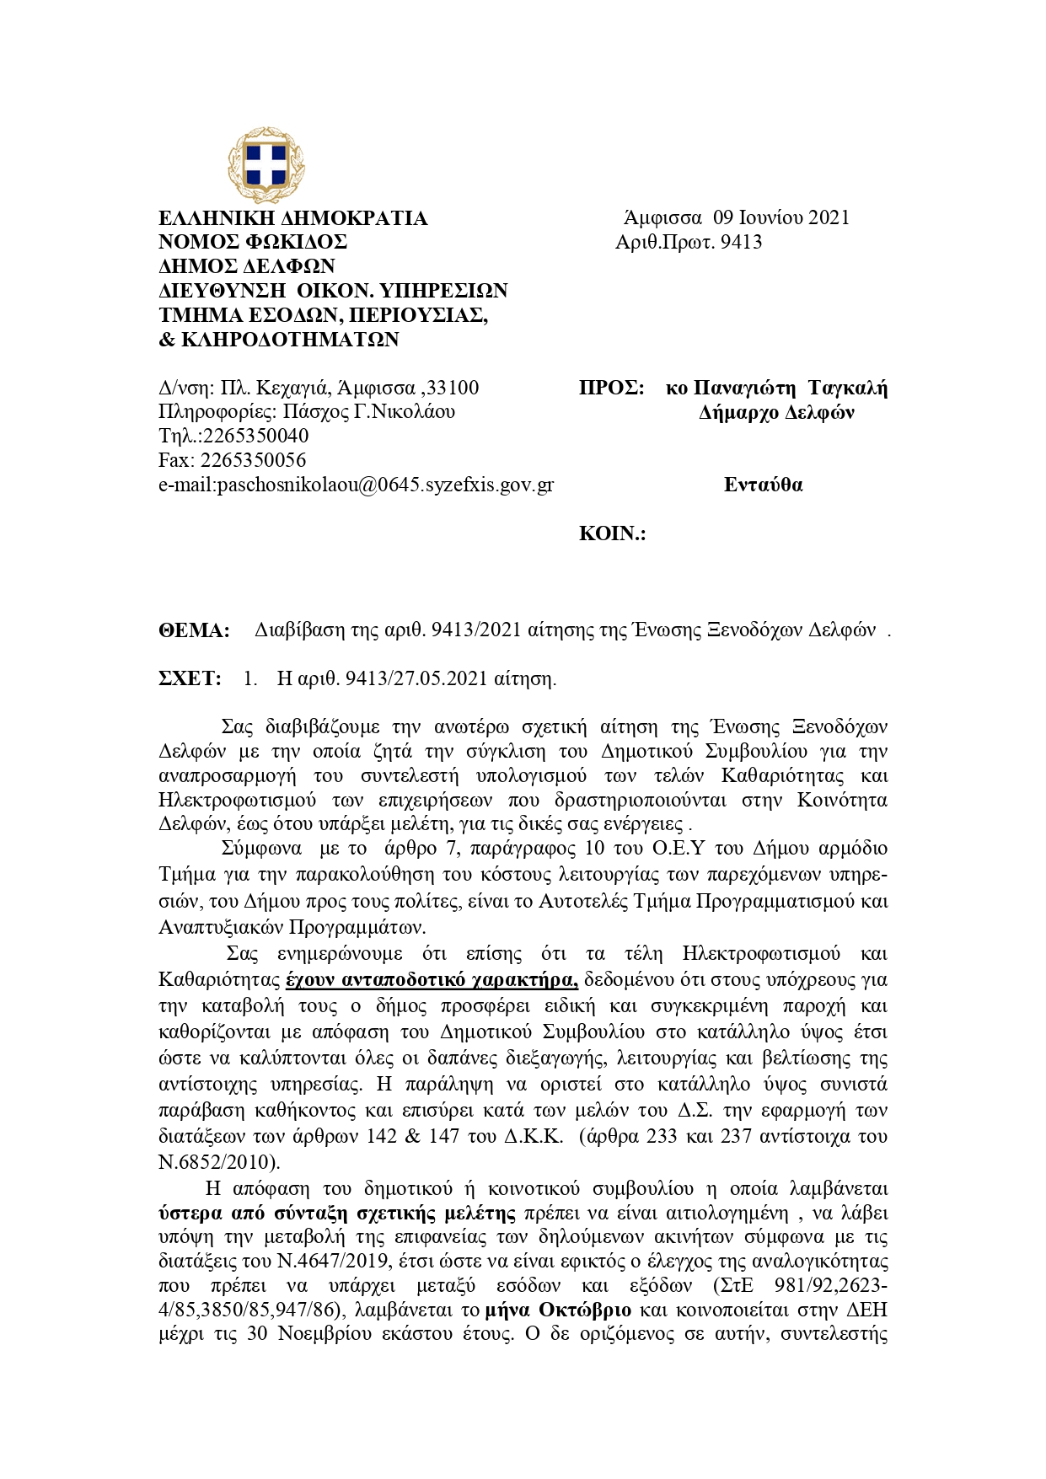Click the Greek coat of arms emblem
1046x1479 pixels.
coord(266,165)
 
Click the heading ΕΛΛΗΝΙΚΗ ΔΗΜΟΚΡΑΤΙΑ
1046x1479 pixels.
coord(292,219)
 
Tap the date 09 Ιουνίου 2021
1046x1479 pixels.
coord(780,217)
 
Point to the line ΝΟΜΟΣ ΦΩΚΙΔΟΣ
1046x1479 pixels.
coord(253,243)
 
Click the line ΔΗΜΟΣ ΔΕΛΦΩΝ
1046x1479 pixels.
coord(247,267)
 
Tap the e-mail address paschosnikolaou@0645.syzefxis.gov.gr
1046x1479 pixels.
coord(385,485)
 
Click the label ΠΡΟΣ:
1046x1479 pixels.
coord(611,389)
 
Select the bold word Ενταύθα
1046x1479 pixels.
coord(763,485)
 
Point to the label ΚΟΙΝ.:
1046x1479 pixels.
coord(612,534)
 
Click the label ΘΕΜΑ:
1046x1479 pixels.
coord(194,630)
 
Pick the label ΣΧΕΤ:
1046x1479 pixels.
coord(190,679)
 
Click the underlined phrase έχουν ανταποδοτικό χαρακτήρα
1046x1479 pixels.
coord(432,980)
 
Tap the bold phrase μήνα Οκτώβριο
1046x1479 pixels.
coord(559,1310)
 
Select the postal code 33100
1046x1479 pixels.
coord(453,389)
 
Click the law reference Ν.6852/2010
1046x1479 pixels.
coord(218,1163)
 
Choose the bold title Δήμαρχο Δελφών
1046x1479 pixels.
coord(776,413)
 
